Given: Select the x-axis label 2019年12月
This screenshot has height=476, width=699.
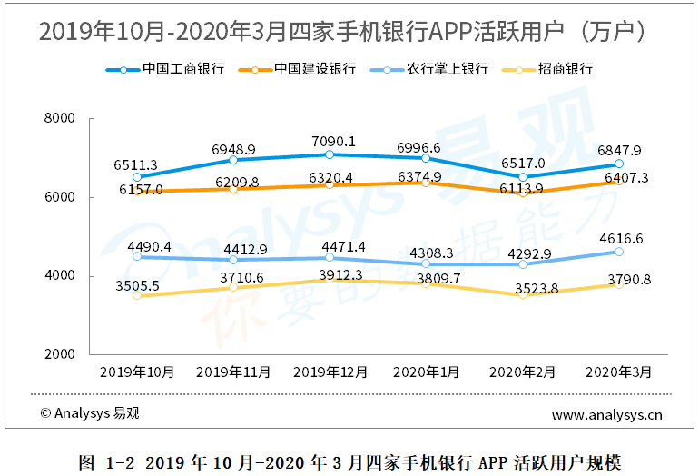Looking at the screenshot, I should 330,372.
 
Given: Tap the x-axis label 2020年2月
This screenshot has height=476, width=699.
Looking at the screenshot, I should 522,372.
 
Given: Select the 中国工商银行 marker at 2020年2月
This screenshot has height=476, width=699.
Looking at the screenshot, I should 523,177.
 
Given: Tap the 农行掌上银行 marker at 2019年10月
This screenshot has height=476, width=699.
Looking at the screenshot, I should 137,256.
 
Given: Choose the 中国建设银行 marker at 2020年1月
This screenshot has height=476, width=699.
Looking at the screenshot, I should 426,183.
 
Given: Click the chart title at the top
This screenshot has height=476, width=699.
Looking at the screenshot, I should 349,33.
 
